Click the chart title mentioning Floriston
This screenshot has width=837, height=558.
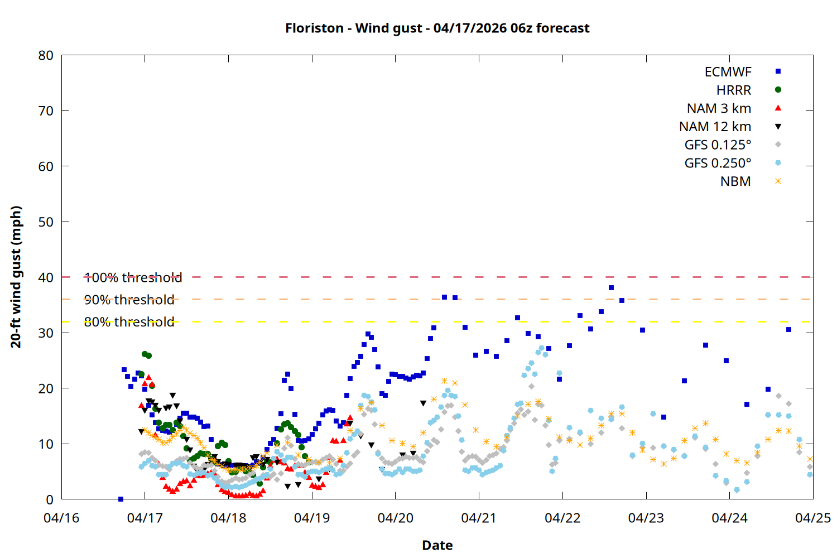point(437,28)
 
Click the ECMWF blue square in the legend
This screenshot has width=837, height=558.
point(778,71)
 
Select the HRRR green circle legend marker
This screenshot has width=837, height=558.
point(778,90)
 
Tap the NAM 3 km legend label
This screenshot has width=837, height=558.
point(719,108)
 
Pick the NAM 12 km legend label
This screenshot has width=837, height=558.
point(715,127)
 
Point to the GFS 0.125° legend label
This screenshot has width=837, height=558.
point(718,145)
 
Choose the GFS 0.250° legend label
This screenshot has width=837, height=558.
point(718,163)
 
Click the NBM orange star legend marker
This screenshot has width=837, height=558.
point(778,181)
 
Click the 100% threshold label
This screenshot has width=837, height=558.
point(133,277)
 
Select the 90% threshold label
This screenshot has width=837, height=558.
point(129,300)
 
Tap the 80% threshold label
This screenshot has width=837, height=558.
point(129,322)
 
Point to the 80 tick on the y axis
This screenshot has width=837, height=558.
point(46,55)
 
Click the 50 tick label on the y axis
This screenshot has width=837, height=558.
point(46,222)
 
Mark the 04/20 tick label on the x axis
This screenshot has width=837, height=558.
point(396,518)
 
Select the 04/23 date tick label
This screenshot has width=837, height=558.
point(646,518)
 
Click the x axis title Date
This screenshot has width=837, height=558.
point(437,545)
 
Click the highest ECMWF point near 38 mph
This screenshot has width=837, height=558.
point(611,288)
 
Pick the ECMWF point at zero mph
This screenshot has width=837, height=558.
point(121,499)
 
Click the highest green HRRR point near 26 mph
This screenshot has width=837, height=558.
point(145,354)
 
